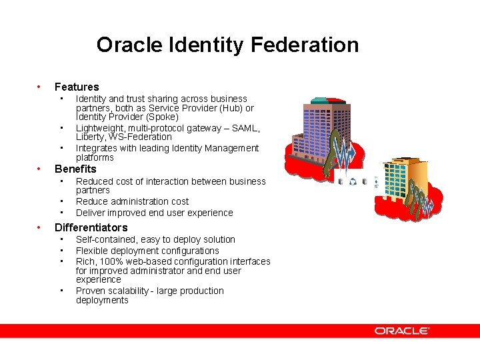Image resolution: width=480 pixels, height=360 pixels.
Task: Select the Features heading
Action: point(77,87)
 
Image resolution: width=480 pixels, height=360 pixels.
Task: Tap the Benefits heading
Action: point(75,169)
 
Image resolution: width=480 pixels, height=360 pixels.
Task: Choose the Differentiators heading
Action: point(91,227)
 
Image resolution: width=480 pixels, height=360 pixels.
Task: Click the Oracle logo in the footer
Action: point(401,331)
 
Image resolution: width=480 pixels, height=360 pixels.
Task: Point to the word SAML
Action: point(245,128)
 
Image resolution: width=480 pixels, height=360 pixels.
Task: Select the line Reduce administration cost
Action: point(132,201)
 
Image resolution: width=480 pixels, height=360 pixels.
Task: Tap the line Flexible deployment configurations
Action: point(147,251)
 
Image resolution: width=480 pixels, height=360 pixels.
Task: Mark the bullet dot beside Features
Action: point(39,87)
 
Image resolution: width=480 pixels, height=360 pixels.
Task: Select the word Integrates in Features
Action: point(96,148)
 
